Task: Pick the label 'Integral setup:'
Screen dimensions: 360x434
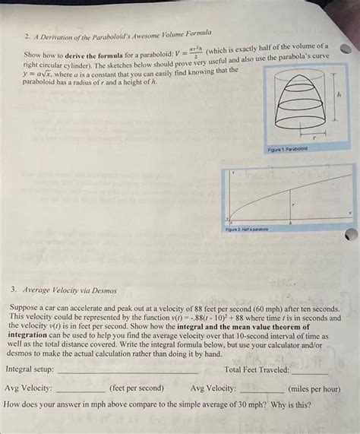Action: pos(30,369)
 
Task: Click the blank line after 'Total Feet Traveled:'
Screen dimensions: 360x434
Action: pos(310,372)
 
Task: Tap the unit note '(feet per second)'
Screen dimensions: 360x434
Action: pos(136,388)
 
